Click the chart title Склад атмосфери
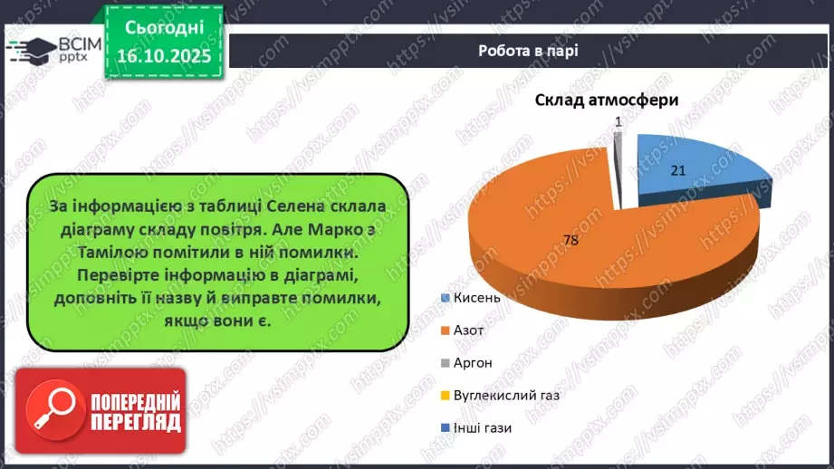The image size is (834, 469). click(x=606, y=101)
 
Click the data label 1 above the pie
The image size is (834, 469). click(x=618, y=120)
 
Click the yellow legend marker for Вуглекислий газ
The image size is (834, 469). click(x=445, y=395)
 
